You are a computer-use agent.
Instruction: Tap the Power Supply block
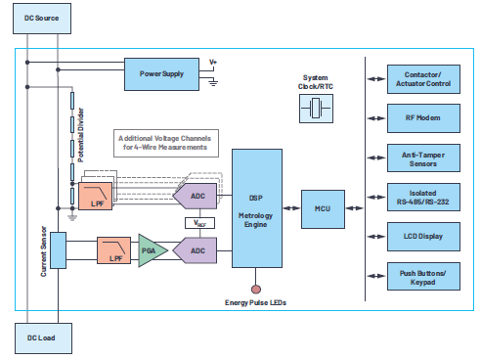(161, 72)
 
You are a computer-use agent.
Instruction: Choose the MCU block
(324, 208)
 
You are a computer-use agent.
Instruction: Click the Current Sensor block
(57, 249)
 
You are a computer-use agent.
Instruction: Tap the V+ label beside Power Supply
(213, 64)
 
